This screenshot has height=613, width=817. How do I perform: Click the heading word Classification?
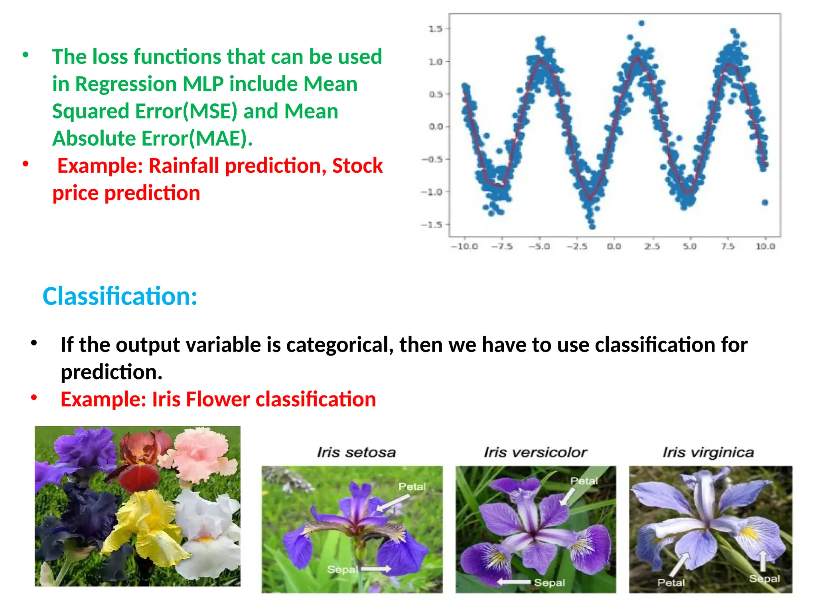click(120, 297)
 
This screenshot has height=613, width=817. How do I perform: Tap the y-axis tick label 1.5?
click(435, 29)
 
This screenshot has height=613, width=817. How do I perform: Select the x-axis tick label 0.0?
click(614, 247)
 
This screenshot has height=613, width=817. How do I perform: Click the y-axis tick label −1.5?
click(432, 225)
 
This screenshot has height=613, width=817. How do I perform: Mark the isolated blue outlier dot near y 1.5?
click(641, 24)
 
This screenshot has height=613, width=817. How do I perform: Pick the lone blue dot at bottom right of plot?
click(765, 202)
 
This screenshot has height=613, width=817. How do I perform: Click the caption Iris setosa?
click(356, 452)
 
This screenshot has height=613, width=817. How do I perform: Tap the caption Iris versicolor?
click(535, 452)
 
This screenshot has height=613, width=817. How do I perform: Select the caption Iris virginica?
click(708, 452)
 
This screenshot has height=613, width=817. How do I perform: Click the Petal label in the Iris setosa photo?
click(412, 486)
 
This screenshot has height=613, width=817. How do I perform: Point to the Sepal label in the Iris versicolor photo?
click(549, 583)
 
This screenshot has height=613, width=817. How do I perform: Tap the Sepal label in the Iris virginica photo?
click(764, 579)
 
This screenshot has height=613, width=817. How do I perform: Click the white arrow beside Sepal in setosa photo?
click(376, 569)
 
